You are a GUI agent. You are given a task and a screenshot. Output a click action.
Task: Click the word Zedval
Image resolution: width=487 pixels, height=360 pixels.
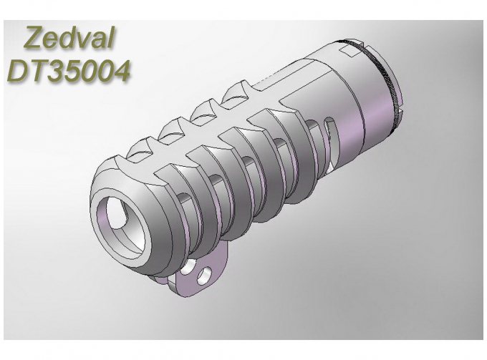point(69,37)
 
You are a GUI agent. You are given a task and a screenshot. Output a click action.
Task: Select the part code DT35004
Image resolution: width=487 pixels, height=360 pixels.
point(69,71)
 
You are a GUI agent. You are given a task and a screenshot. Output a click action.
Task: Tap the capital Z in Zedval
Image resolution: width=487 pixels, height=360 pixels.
point(34,37)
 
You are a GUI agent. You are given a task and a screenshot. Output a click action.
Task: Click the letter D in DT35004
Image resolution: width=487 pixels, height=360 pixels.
point(19,71)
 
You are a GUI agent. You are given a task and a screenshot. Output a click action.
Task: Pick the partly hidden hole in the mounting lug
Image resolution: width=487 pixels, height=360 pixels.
point(189,268)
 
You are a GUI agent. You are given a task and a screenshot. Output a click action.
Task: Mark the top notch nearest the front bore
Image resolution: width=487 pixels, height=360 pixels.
point(140,149)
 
